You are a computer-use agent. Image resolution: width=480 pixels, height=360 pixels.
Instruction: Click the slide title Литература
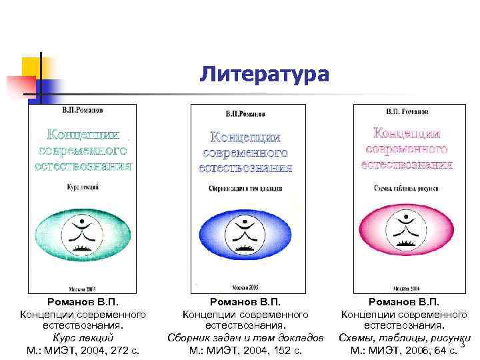(263, 74)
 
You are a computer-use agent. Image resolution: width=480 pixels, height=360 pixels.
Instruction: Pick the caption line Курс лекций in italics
(83, 337)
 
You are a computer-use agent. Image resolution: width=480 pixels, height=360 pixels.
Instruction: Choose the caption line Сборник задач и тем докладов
(246, 337)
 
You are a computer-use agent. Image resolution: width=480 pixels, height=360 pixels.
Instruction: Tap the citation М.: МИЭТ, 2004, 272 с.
(83, 349)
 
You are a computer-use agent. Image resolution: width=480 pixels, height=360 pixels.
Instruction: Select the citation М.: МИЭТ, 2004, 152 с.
(246, 349)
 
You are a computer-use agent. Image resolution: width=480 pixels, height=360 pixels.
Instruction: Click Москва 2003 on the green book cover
(83, 289)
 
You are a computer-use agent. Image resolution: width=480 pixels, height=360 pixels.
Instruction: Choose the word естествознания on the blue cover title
(246, 167)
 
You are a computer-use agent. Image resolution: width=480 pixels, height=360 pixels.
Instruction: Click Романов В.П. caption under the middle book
(246, 303)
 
